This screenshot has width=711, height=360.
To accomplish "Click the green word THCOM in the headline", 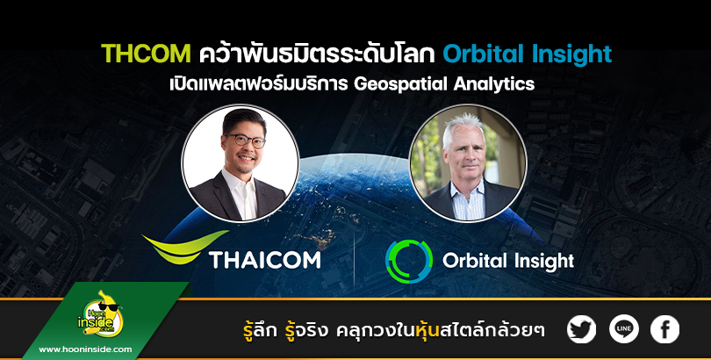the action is click(146, 54).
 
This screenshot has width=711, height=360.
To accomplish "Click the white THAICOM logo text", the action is click(265, 260).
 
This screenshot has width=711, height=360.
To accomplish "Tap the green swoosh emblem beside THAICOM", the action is click(185, 247).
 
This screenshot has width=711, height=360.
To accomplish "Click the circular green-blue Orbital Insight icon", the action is click(408, 262).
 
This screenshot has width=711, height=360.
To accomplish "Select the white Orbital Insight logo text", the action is click(508, 262).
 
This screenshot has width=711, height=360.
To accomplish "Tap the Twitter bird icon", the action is click(581, 329).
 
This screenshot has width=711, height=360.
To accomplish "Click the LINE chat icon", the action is click(623, 329).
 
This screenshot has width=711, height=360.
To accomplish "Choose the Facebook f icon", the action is click(664, 329).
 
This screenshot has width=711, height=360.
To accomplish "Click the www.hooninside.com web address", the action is click(85, 349).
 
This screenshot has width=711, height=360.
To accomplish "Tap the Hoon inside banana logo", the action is click(101, 314).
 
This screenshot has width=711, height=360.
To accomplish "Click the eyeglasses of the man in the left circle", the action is click(245, 140).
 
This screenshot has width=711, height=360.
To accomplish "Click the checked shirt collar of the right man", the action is click(468, 191).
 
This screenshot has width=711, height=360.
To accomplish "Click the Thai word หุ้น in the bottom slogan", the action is click(427, 330).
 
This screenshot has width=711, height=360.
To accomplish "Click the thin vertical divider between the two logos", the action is click(354, 261).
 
